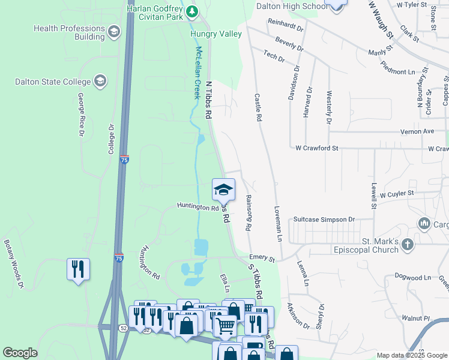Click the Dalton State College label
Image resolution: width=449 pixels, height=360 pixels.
click(53, 82)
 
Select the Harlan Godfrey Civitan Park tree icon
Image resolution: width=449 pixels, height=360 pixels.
click(191, 11)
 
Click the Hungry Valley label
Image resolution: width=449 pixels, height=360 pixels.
click(216, 34)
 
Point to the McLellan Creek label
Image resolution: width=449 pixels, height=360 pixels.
click(196, 73)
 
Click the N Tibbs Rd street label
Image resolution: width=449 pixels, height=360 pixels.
click(209, 100)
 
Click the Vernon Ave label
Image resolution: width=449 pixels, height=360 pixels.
click(419, 131)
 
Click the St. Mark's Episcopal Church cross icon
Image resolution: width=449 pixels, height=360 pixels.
click(408, 244)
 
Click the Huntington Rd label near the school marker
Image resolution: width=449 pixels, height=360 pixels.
click(197, 206)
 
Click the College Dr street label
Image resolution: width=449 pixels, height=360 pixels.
click(111, 140)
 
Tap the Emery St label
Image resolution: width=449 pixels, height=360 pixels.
click(262, 259)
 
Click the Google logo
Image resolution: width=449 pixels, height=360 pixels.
click(20, 353)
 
